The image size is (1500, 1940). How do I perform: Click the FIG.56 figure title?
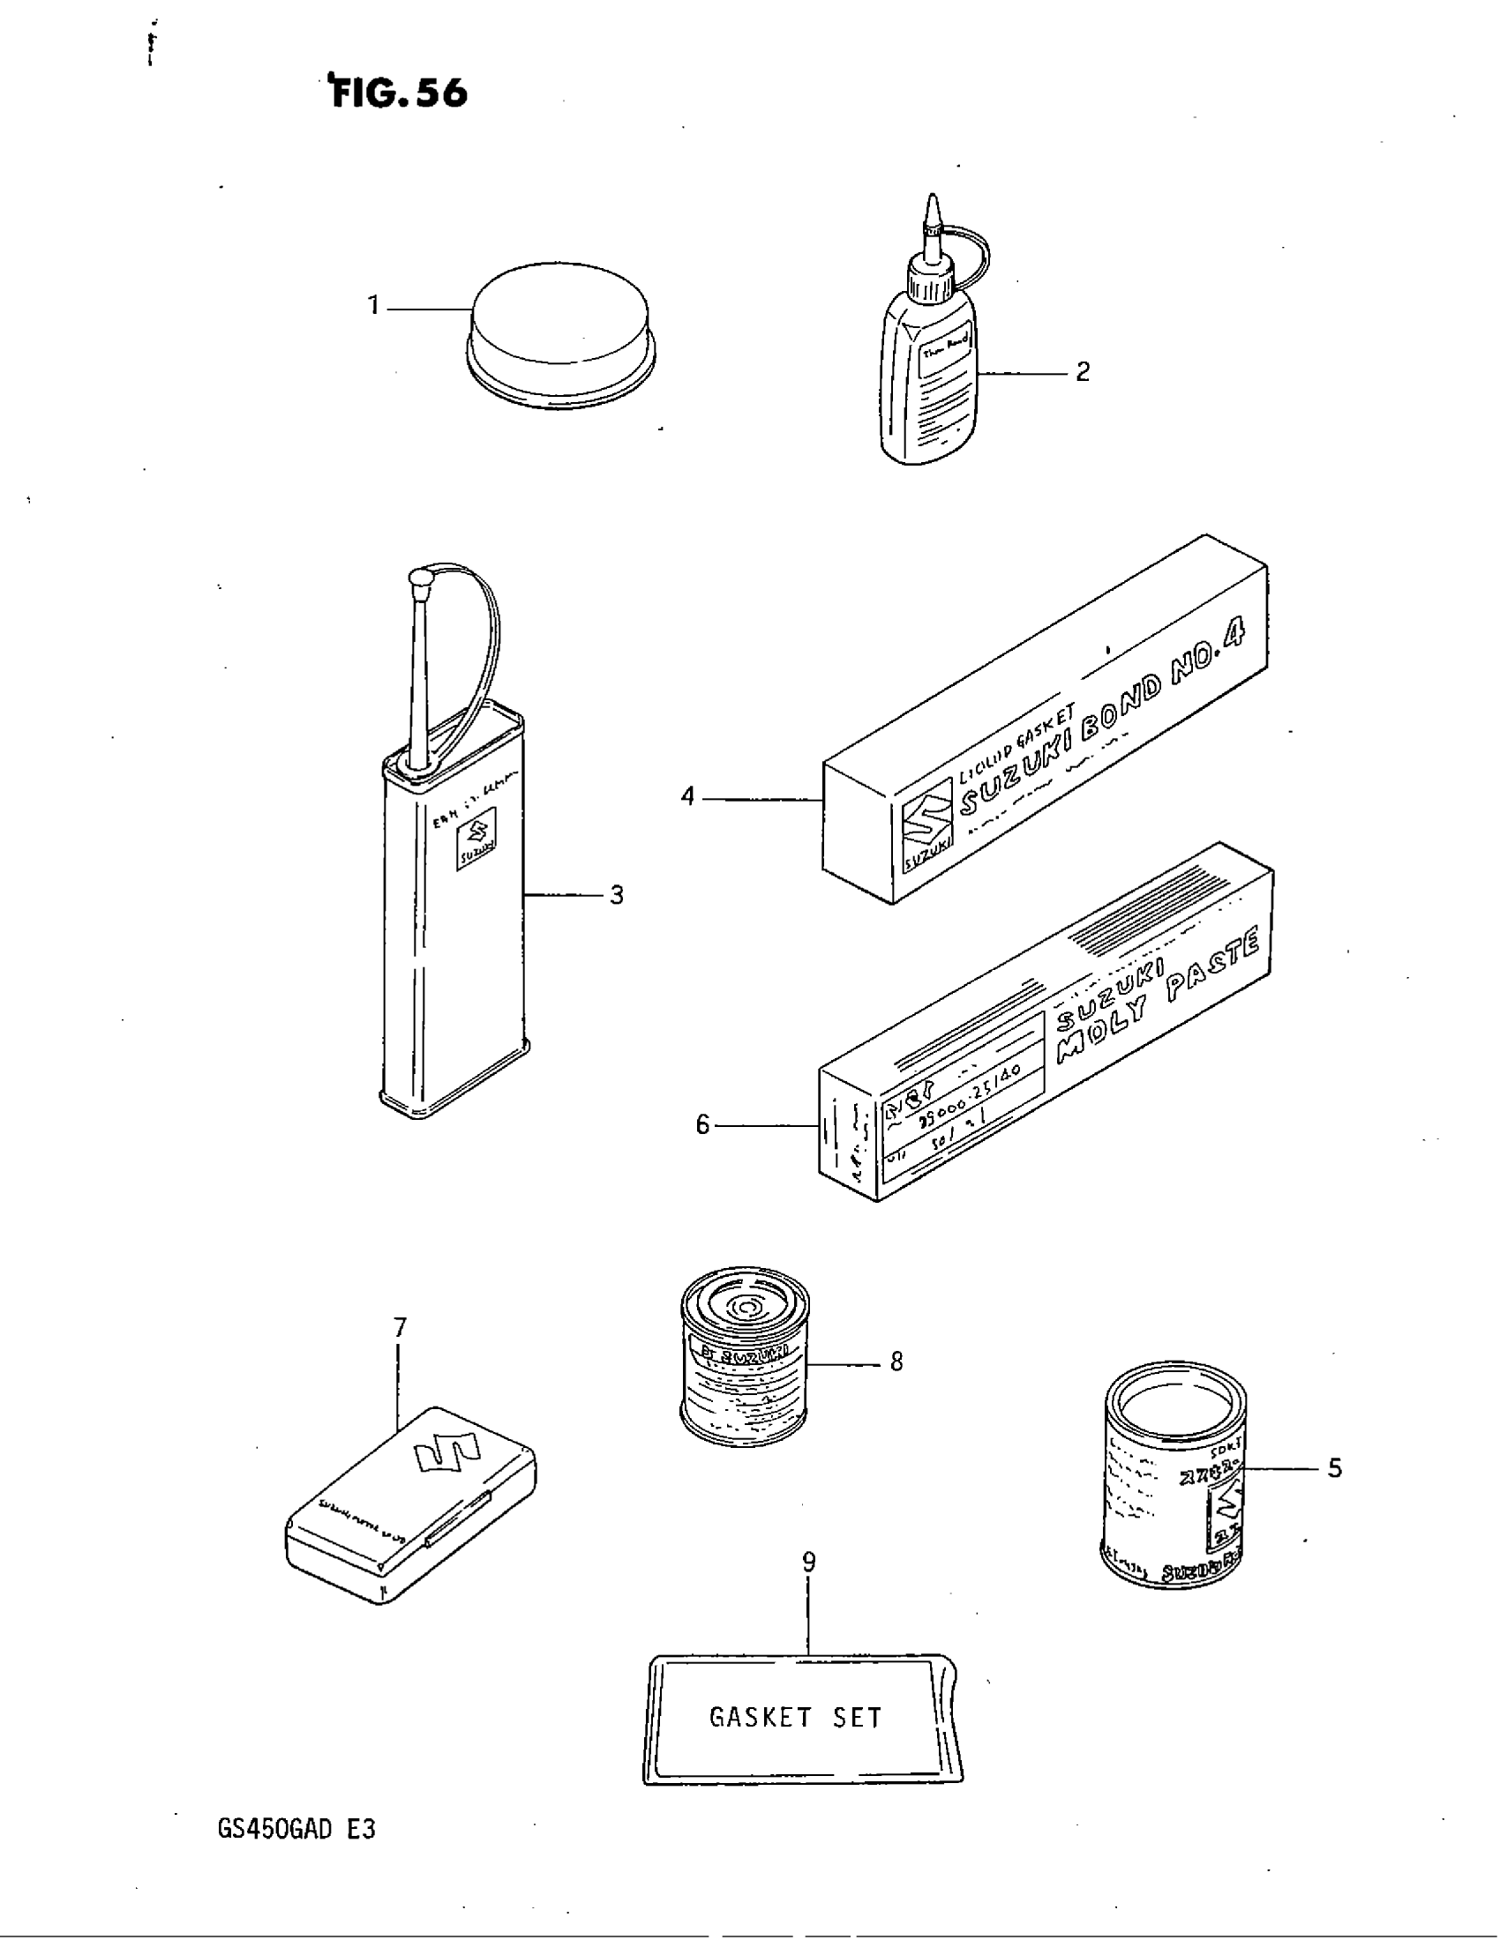(399, 93)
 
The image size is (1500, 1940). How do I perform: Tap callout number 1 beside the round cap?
(374, 307)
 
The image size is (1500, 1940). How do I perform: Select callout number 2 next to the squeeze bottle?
(1083, 372)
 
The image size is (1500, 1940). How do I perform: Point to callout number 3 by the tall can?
(617, 895)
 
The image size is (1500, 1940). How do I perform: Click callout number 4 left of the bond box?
(688, 797)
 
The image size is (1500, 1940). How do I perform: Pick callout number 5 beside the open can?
(1334, 1469)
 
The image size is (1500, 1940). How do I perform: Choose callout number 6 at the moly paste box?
(703, 1126)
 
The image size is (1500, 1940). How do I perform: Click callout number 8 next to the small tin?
(896, 1362)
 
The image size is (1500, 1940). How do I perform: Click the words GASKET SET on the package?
(795, 1718)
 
